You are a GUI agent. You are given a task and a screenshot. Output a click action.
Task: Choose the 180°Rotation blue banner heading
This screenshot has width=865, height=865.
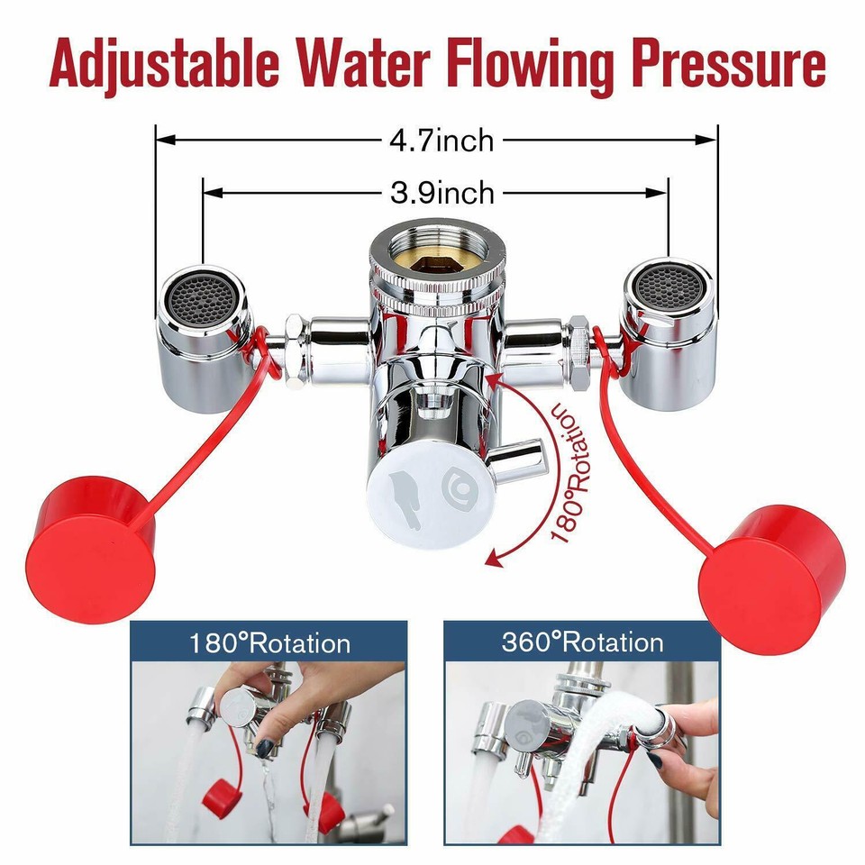coord(269,643)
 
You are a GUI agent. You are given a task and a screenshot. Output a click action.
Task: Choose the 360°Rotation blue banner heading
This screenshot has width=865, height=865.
coord(582,642)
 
